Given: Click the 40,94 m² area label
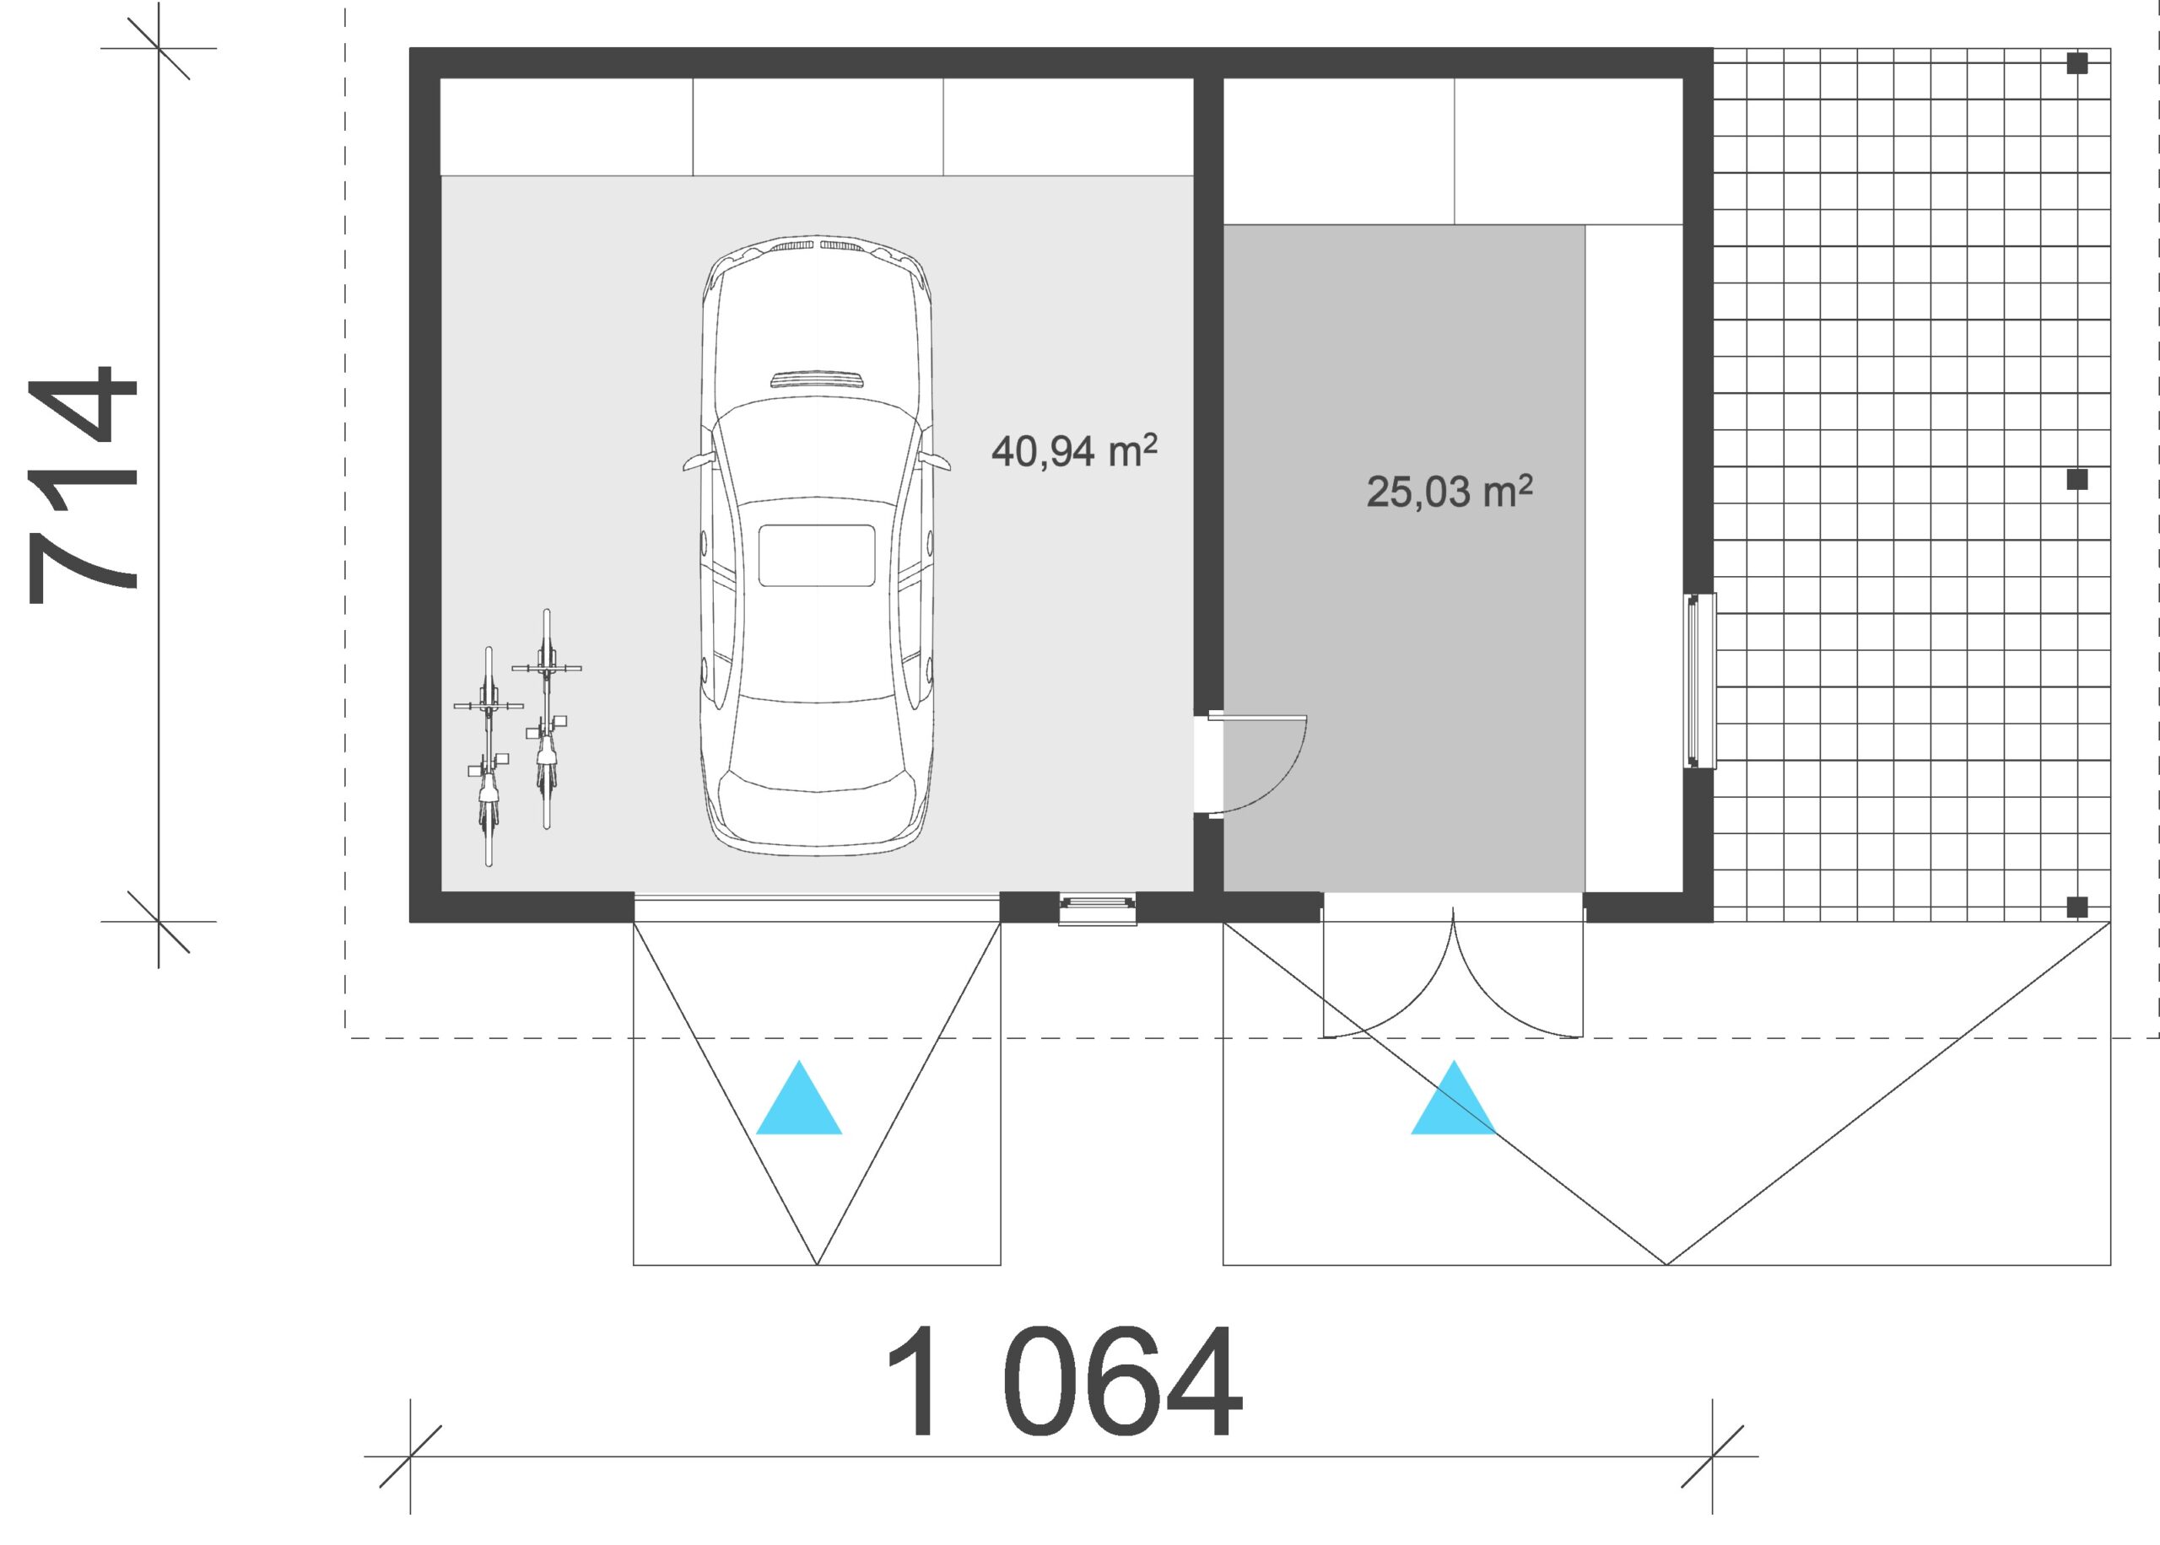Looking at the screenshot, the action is tap(1074, 451).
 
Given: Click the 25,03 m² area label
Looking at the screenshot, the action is tap(1450, 491).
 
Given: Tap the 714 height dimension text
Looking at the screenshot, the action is tap(83, 484).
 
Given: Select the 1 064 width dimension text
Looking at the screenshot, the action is tap(1064, 1381).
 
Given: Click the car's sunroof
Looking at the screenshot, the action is tap(817, 556).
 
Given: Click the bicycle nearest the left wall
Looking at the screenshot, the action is tap(489, 756).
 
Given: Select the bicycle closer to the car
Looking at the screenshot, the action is tap(546, 719).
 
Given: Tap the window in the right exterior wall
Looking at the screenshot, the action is tap(1699, 681).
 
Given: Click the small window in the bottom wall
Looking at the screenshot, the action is tap(1097, 908).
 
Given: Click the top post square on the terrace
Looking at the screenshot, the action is tap(2077, 64).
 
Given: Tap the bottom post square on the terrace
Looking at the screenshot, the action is tap(2077, 907).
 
